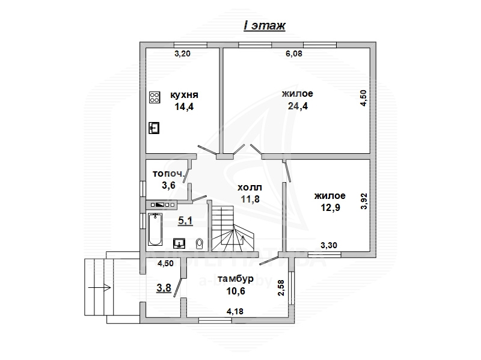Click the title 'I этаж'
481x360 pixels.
pyautogui.click(x=265, y=25)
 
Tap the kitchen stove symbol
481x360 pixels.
pyautogui.click(x=155, y=97)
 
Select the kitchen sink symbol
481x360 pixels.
pyautogui.click(x=154, y=128)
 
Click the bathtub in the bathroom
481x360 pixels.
pyautogui.click(x=155, y=230)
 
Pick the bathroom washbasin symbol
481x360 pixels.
pyautogui.click(x=179, y=243)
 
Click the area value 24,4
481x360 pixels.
pyautogui.click(x=298, y=106)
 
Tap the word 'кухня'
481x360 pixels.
pyautogui.click(x=184, y=95)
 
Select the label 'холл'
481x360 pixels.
pyautogui.click(x=250, y=187)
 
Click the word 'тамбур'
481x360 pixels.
pyautogui.click(x=236, y=279)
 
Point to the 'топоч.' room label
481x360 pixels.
pyautogui.click(x=169, y=174)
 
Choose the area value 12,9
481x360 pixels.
pyautogui.click(x=330, y=207)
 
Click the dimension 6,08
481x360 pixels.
pyautogui.click(x=294, y=53)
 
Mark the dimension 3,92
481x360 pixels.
pyautogui.click(x=364, y=201)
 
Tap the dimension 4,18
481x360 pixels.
pyautogui.click(x=235, y=311)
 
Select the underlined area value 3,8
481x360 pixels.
pyautogui.click(x=164, y=288)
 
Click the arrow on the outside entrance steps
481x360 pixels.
pyautogui.click(x=99, y=288)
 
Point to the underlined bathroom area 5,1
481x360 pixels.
pyautogui.click(x=185, y=221)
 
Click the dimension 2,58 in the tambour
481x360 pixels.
pyautogui.click(x=281, y=288)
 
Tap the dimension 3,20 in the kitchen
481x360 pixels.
pyautogui.click(x=183, y=53)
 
